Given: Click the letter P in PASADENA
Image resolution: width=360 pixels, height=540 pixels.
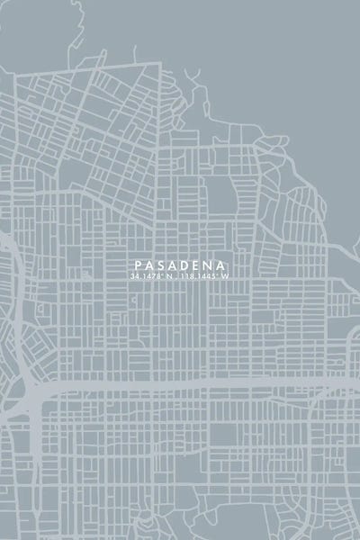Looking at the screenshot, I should tap(136, 265).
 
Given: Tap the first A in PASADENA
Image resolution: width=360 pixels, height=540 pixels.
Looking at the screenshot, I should tap(148, 265).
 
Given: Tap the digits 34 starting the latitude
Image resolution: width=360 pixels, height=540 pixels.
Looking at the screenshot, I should tap(134, 276).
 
